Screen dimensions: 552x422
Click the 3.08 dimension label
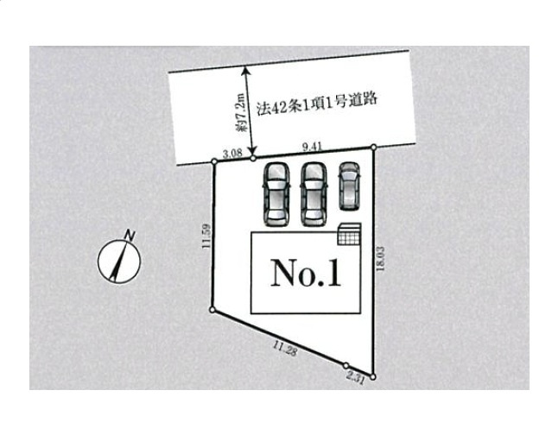click(232, 153)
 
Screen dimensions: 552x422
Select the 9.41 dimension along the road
click(313, 147)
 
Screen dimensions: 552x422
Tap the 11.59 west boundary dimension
click(206, 236)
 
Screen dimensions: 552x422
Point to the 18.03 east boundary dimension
click(380, 259)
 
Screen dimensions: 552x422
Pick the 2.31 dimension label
click(355, 378)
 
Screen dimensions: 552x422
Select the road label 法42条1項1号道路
click(317, 104)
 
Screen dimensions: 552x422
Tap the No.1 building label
click(306, 274)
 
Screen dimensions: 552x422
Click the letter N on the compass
click(130, 236)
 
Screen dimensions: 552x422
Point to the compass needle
click(118, 260)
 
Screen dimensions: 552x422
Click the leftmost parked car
click(276, 194)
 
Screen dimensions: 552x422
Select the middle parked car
click(314, 194)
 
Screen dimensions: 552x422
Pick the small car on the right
click(349, 186)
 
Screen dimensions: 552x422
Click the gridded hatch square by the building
click(350, 234)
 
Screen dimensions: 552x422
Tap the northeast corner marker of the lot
click(374, 147)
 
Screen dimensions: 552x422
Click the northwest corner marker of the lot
click(214, 161)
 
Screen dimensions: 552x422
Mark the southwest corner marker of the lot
click(213, 310)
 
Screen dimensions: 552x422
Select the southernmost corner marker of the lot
click(373, 377)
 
